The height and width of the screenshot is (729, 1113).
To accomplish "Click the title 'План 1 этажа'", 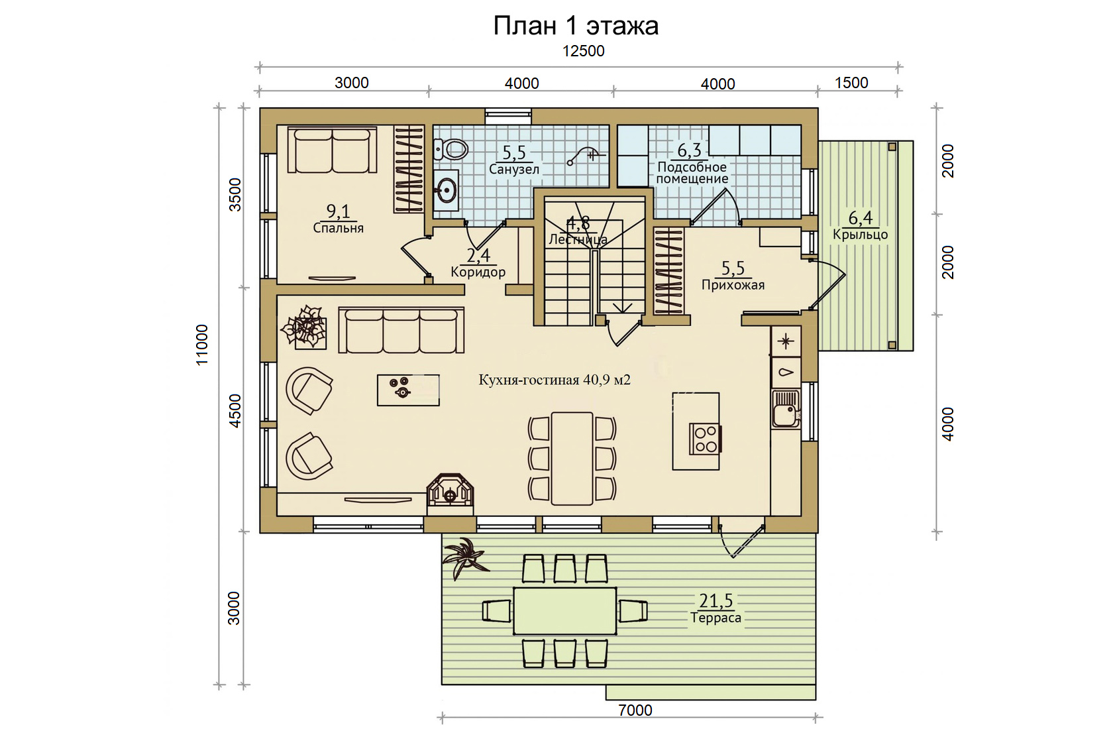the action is click(575, 26).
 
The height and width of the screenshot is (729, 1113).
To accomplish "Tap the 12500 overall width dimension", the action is click(583, 51).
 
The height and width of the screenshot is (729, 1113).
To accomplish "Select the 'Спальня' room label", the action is click(339, 228).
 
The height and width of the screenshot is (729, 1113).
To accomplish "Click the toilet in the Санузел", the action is click(450, 148).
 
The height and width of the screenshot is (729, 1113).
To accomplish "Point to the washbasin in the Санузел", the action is click(446, 190).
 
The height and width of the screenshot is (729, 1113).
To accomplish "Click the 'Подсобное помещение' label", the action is click(692, 173).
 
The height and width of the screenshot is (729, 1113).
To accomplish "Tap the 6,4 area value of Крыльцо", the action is click(861, 217).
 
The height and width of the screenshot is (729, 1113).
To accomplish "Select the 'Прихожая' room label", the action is click(733, 285).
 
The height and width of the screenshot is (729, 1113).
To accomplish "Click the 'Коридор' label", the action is click(478, 272).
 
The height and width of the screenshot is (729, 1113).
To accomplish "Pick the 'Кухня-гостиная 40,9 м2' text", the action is click(555, 380).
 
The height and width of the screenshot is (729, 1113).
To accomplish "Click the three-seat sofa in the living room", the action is click(401, 330).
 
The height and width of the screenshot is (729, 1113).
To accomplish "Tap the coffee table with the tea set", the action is click(408, 390).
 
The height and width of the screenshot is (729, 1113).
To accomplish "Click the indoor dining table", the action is click(571, 458).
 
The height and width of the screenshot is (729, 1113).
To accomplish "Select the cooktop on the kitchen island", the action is click(706, 439).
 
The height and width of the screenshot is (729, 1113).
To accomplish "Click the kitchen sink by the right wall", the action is click(786, 409).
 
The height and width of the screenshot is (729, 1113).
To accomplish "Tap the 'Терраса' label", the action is click(715, 618).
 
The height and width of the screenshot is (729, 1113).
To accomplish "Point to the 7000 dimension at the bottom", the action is click(635, 710).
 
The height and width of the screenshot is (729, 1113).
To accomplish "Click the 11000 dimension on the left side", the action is click(201, 345).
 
